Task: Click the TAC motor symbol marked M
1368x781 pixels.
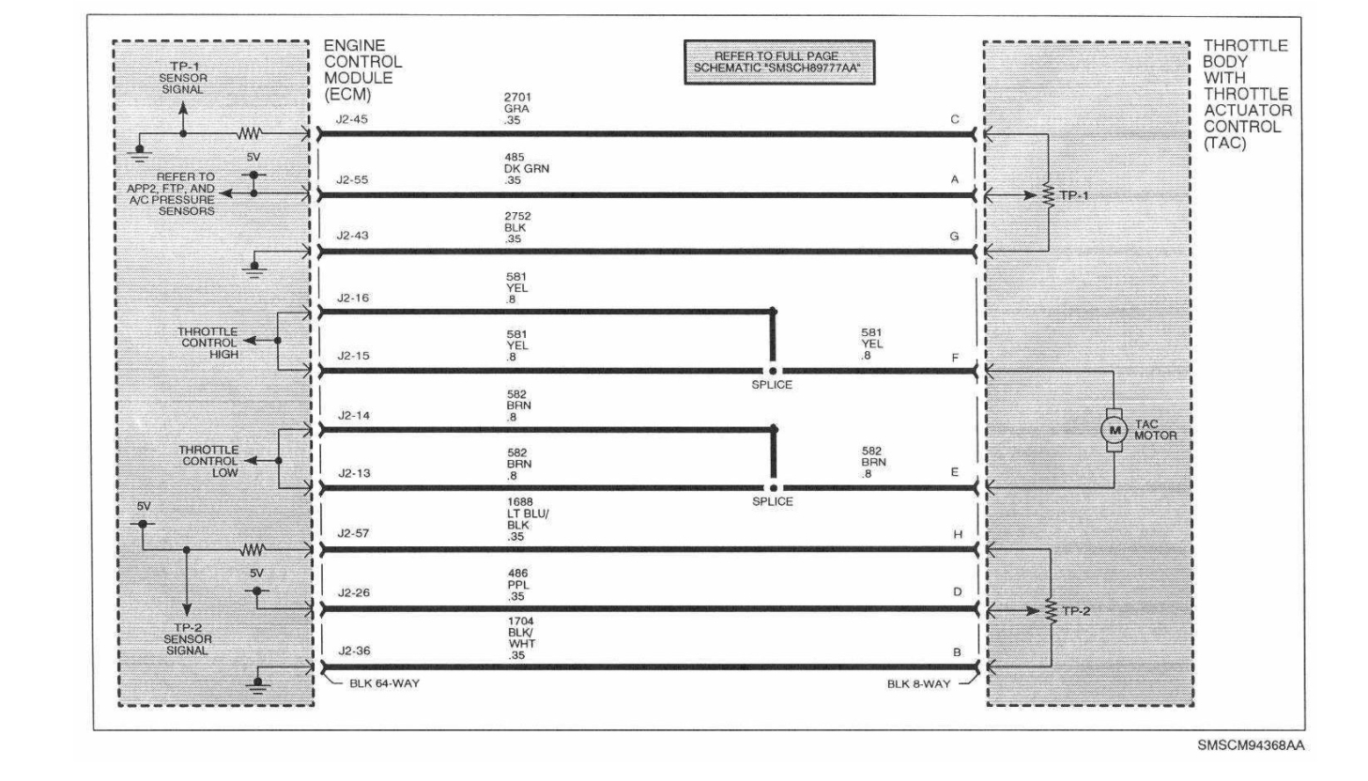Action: [1114, 430]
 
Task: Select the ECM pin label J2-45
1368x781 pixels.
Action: [352, 120]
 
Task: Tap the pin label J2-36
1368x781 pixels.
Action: [353, 651]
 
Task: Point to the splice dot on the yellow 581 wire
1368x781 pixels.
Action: [773, 370]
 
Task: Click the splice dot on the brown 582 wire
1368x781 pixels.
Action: [773, 487]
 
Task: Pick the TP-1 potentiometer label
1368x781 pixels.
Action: [1074, 195]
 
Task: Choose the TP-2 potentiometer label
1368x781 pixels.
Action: [1076, 611]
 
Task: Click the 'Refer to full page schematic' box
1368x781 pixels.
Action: [778, 62]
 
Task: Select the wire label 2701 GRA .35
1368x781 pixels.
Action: [516, 109]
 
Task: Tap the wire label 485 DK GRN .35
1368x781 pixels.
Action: [526, 169]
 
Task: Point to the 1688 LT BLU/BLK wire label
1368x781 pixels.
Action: [528, 519]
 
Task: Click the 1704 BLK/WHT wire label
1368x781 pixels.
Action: [522, 638]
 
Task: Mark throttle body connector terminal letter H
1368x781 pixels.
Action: [958, 534]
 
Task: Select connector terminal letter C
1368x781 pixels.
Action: [955, 120]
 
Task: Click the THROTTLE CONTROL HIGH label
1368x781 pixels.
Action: [209, 343]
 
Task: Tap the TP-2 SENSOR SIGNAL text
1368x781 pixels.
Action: [187, 638]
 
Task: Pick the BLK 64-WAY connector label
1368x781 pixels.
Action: [384, 683]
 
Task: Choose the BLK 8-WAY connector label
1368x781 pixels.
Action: [918, 684]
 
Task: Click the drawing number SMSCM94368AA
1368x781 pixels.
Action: [1250, 745]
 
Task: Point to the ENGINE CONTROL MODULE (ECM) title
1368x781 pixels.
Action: [362, 69]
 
